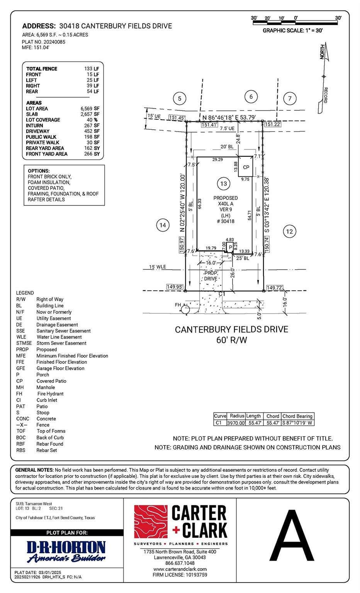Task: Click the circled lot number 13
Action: click(224, 183)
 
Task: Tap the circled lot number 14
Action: click(163, 225)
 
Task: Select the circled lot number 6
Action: click(251, 97)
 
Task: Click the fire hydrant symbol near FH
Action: click(186, 309)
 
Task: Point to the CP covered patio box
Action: click(246, 166)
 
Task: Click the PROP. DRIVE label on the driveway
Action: click(211, 276)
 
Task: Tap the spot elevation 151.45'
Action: click(177, 118)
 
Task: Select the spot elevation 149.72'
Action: click(275, 288)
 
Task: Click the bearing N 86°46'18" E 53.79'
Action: click(229, 117)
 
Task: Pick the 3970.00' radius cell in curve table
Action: click(236, 423)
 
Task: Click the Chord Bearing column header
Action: click(297, 416)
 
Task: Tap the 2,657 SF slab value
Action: click(90, 114)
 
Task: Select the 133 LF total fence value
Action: click(92, 69)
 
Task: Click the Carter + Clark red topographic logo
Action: click(151, 522)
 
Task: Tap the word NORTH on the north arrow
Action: click(322, 52)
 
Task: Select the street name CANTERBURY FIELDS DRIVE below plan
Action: click(231, 329)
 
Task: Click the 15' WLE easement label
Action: click(158, 267)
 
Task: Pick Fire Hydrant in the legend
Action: click(50, 394)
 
